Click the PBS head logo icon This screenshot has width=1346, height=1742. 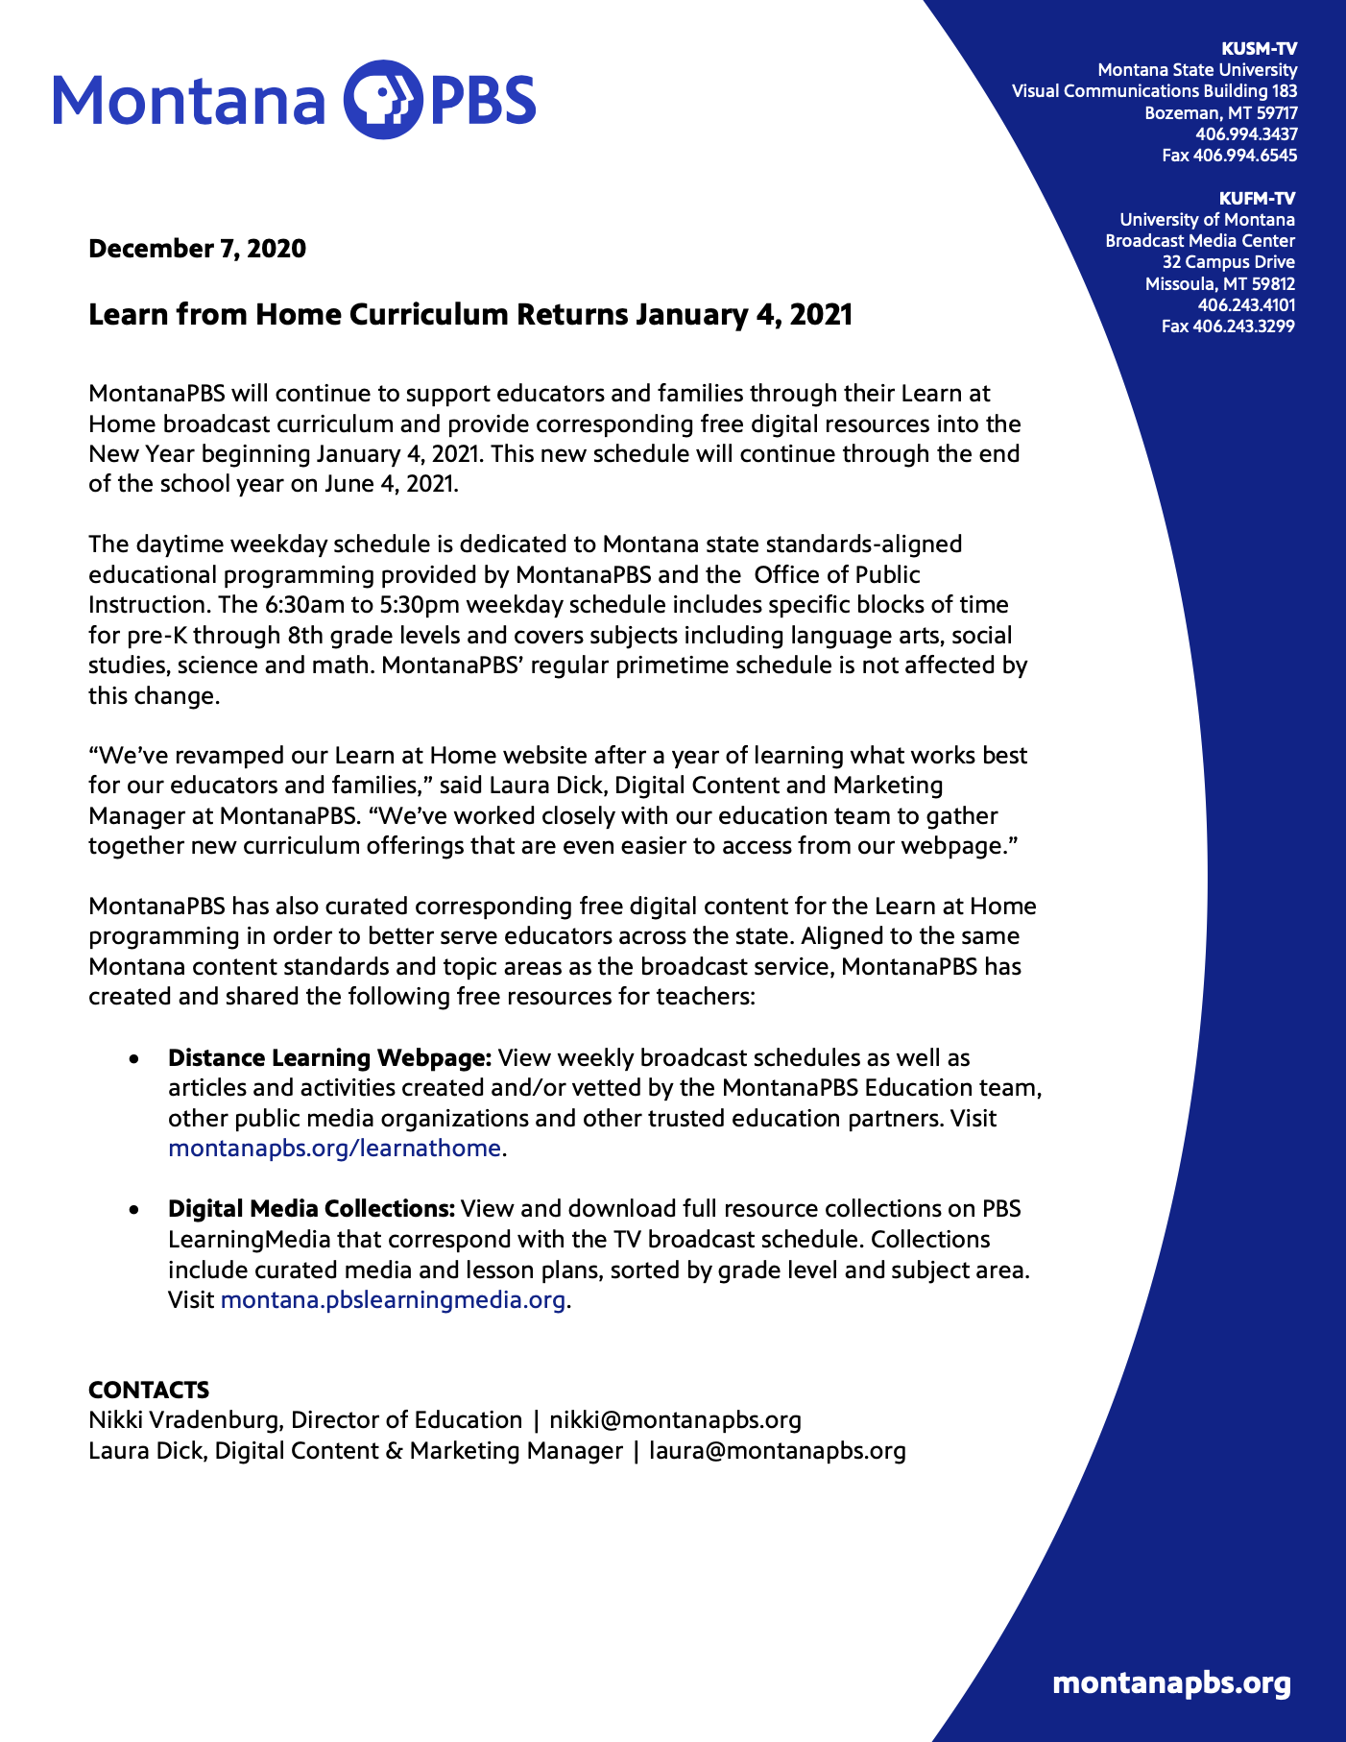point(382,100)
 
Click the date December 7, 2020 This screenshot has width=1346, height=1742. point(197,249)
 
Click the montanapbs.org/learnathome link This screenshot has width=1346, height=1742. point(334,1149)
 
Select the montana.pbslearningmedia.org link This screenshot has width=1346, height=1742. point(393,1300)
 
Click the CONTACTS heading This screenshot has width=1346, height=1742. point(149,1390)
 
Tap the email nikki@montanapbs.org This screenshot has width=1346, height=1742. point(675,1420)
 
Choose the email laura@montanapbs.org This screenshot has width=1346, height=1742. point(778,1450)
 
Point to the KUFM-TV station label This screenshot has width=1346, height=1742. point(1257,199)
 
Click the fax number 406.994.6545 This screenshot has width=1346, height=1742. point(1245,156)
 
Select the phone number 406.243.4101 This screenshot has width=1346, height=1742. point(1246,305)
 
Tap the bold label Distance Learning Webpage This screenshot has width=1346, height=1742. point(329,1058)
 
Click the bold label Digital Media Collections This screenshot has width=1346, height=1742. point(311,1209)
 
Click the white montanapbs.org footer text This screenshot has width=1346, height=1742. point(1171,1683)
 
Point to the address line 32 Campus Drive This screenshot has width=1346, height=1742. point(1228,262)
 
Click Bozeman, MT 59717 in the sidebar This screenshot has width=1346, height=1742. point(1220,113)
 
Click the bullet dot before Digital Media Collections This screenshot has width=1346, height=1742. point(135,1210)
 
